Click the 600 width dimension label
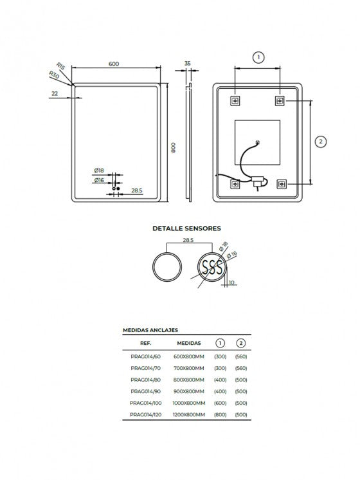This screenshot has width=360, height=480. (x=114, y=64)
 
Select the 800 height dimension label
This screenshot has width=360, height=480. (x=173, y=147)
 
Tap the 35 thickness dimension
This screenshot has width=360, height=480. (x=188, y=63)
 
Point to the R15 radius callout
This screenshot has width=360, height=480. (x=61, y=66)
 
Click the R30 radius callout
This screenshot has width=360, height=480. (x=54, y=75)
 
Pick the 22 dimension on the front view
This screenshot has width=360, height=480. (x=55, y=93)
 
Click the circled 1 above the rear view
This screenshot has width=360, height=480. (x=258, y=57)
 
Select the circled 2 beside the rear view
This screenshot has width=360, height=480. (x=321, y=142)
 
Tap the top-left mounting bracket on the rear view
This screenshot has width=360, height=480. (x=235, y=100)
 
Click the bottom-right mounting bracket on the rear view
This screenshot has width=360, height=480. (x=282, y=184)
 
